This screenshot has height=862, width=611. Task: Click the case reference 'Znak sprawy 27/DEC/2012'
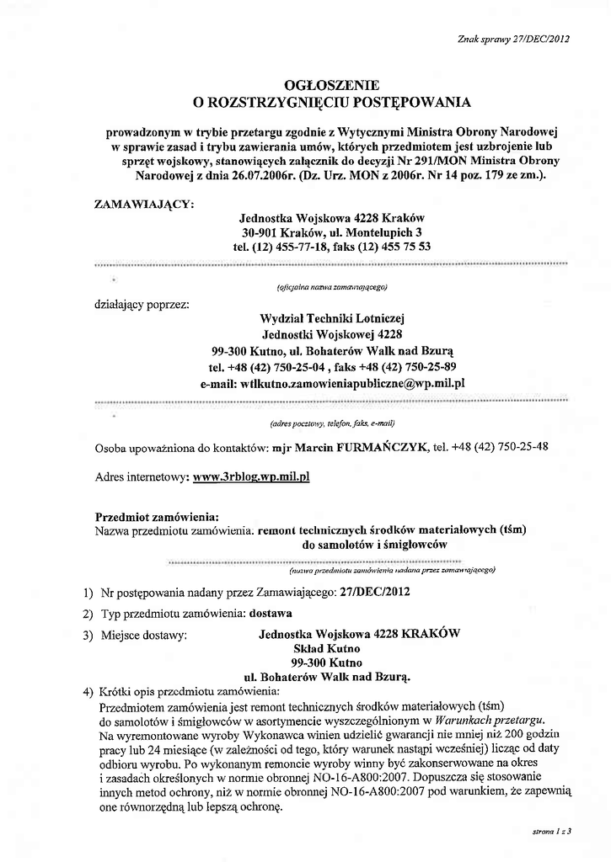[x=514, y=39]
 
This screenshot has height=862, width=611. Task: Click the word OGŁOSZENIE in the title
[x=332, y=85]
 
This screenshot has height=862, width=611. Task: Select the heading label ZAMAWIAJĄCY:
[x=146, y=203]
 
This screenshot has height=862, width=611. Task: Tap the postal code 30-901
[x=261, y=231]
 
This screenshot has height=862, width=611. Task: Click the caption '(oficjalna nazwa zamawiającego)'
[x=332, y=287]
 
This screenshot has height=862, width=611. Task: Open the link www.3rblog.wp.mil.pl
[x=252, y=476]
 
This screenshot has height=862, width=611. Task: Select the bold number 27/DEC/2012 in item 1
[x=375, y=592]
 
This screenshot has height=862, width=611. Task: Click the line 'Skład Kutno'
[x=326, y=648]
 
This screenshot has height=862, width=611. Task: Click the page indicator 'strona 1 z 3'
[x=552, y=832]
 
